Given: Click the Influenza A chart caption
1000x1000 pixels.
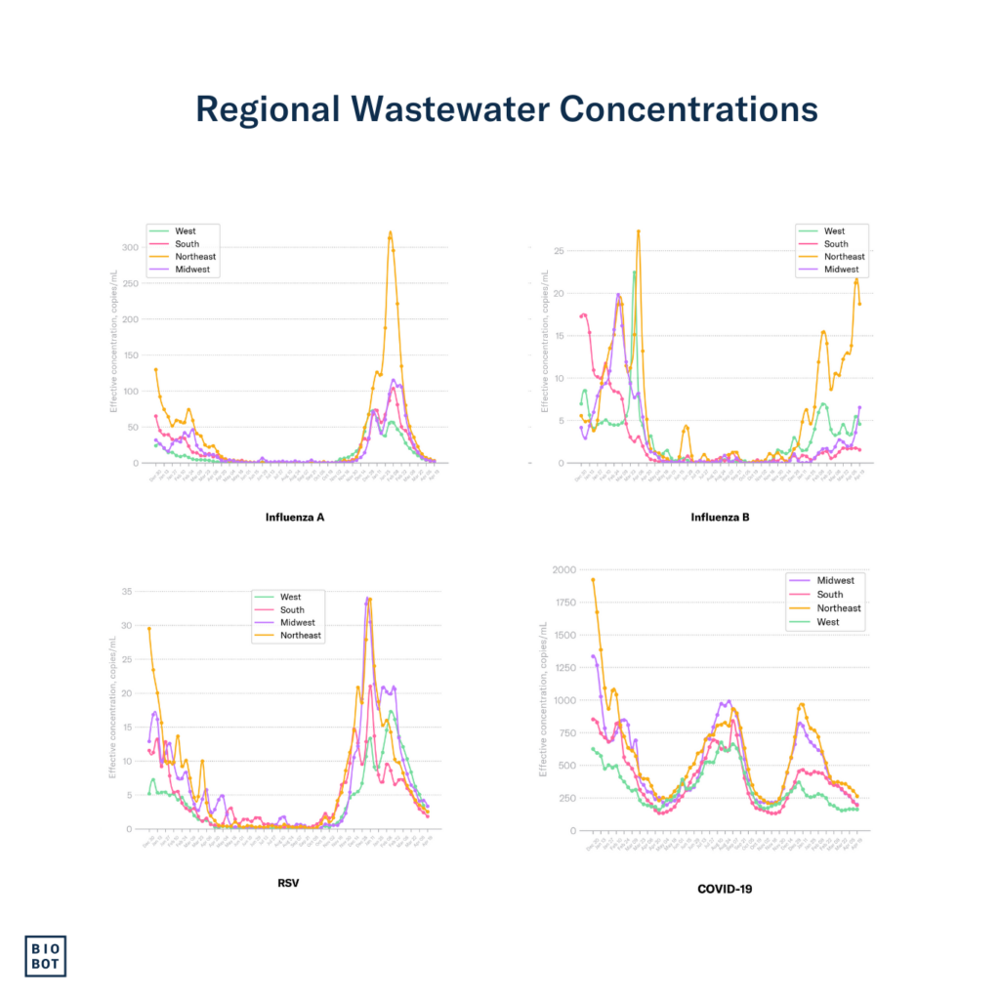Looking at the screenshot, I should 295,516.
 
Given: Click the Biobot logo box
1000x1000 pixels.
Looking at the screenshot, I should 46,955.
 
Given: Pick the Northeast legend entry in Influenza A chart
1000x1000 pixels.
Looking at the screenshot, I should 193,257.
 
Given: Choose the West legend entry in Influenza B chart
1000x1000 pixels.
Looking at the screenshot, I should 836,231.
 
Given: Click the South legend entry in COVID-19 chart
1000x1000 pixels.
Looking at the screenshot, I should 830,595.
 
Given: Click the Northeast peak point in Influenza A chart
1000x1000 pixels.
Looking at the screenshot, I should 391,233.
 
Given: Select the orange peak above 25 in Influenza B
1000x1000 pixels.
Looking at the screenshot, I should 639,231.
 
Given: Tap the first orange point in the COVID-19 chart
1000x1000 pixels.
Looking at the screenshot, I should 593,579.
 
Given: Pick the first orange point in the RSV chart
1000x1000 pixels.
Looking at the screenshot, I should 149,629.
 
